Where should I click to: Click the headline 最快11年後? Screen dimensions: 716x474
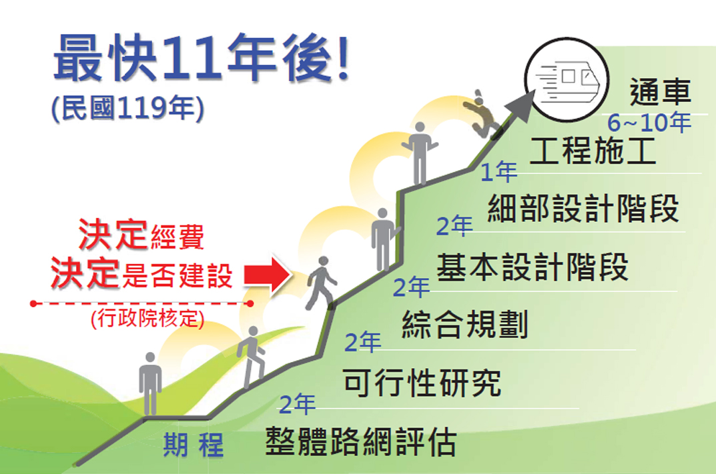tap(202, 59)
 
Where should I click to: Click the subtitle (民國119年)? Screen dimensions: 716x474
tap(128, 108)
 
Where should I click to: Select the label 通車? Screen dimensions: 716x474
tap(660, 92)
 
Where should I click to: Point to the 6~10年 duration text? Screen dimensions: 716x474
tap(649, 122)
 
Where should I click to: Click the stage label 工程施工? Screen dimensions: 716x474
tap(593, 150)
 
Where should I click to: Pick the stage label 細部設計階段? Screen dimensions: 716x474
tap(583, 208)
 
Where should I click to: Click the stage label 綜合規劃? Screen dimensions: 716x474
tap(465, 325)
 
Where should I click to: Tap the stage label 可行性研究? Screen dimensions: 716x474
tap(422, 382)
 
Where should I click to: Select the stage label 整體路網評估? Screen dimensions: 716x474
tap(361, 441)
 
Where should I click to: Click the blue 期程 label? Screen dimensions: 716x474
tap(194, 445)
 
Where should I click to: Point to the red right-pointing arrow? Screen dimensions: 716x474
tap(268, 274)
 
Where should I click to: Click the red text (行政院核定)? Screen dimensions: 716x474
tap(147, 319)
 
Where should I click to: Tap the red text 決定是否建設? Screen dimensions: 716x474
tap(141, 273)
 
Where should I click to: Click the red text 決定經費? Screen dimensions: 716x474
tap(141, 235)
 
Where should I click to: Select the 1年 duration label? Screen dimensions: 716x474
tap(498, 171)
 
